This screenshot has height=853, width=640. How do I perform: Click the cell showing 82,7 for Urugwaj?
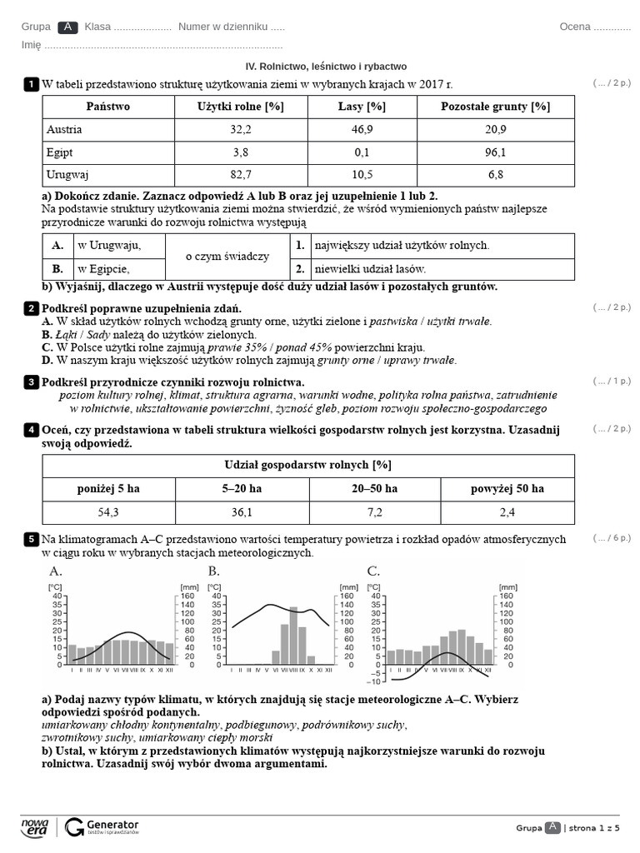point(241,175)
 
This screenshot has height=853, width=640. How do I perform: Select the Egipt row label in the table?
point(60,152)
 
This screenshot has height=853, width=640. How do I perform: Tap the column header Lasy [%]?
point(362,107)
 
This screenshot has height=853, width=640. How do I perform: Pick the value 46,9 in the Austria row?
point(362,129)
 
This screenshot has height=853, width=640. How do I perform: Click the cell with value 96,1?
point(495,152)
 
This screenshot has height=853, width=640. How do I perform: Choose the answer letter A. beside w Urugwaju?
point(57,246)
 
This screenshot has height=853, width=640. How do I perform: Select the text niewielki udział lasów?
point(370,269)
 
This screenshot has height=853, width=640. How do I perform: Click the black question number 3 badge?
point(31,382)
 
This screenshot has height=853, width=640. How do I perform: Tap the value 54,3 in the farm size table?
point(108,511)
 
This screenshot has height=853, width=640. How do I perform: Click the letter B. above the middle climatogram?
point(214,571)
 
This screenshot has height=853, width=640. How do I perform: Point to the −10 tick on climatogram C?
point(374,681)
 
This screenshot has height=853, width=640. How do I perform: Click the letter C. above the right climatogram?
point(373,571)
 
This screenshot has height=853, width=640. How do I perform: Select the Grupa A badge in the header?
point(68,27)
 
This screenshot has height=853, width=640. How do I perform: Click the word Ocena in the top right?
point(575,27)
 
